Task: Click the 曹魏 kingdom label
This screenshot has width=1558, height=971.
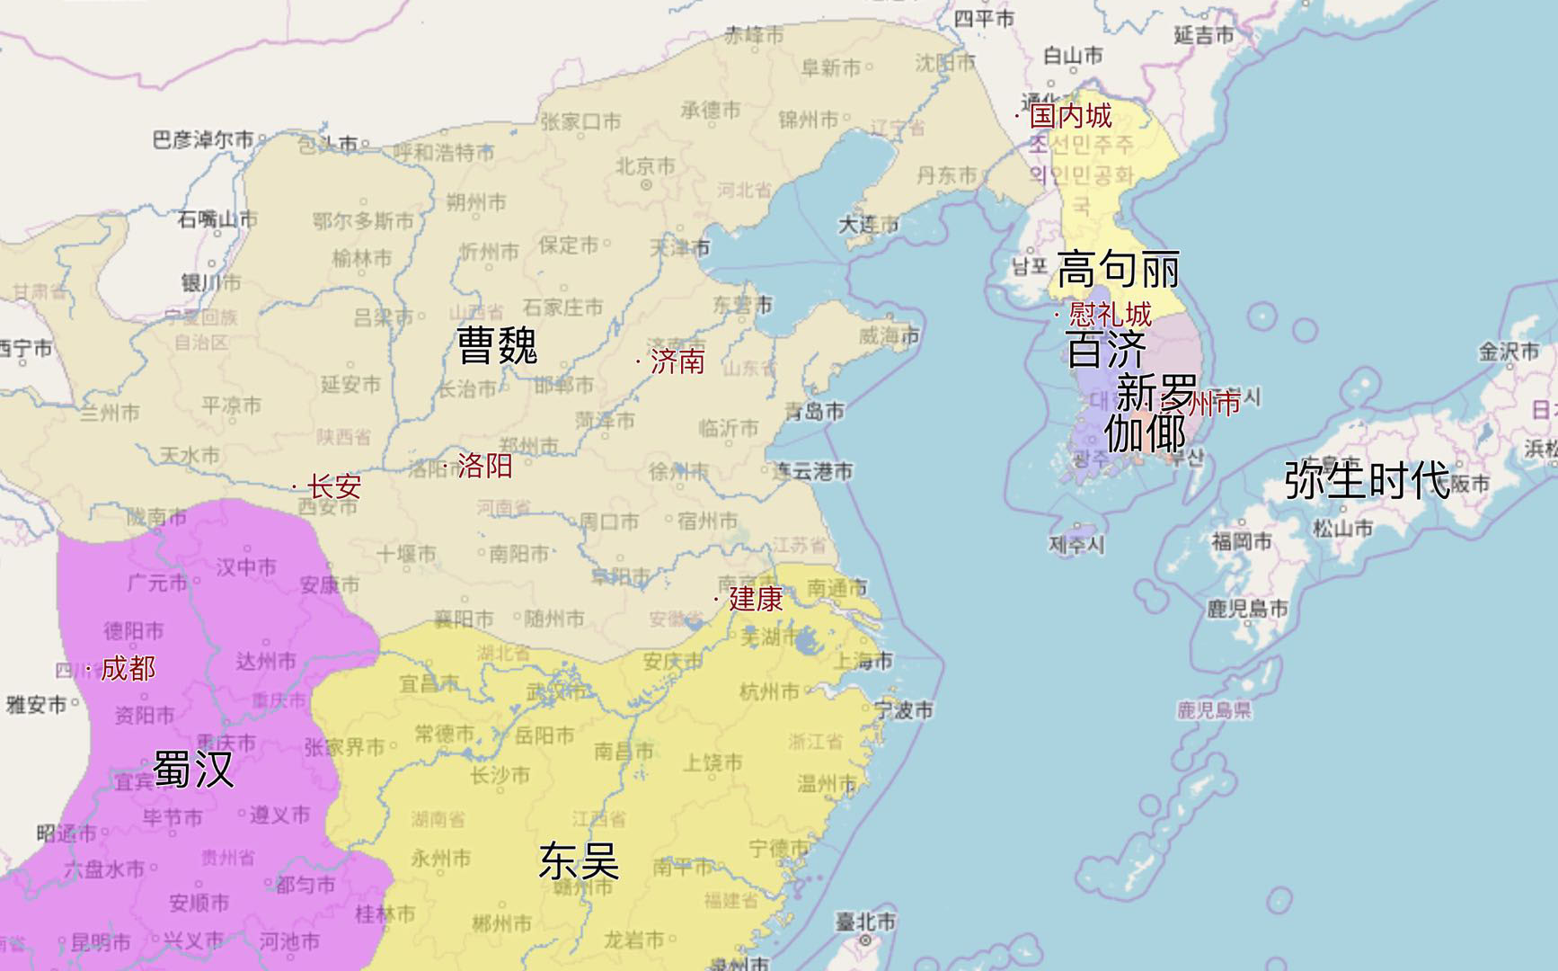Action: pos(497,345)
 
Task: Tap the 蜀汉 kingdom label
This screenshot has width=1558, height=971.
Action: pos(193,770)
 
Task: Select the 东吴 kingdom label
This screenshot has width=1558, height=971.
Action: pos(580,861)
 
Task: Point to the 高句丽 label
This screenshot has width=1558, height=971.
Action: pos(1118,269)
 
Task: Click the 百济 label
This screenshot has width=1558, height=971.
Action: pos(1106,350)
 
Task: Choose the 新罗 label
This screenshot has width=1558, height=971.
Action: pos(1155,393)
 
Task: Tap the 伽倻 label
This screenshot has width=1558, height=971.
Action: pos(1145,433)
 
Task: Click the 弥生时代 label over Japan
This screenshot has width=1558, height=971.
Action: pos(1367,480)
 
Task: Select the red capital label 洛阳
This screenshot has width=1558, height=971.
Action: pos(484,465)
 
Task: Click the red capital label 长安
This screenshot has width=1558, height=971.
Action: pos(333,486)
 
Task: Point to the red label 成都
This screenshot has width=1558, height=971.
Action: pos(128,668)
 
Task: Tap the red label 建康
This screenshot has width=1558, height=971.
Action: pos(755,599)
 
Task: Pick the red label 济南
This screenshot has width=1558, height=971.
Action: pos(677,361)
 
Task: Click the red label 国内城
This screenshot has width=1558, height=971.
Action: pos(1070,115)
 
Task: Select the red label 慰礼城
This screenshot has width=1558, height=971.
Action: pos(1110,315)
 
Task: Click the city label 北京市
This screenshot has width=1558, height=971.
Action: pos(645,166)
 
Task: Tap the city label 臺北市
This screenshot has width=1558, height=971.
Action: pos(865,922)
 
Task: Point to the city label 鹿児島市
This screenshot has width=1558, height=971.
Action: pos(1247,609)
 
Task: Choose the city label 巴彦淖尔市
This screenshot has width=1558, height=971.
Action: pos(203,139)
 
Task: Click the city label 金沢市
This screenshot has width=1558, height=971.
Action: pos(1509,352)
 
